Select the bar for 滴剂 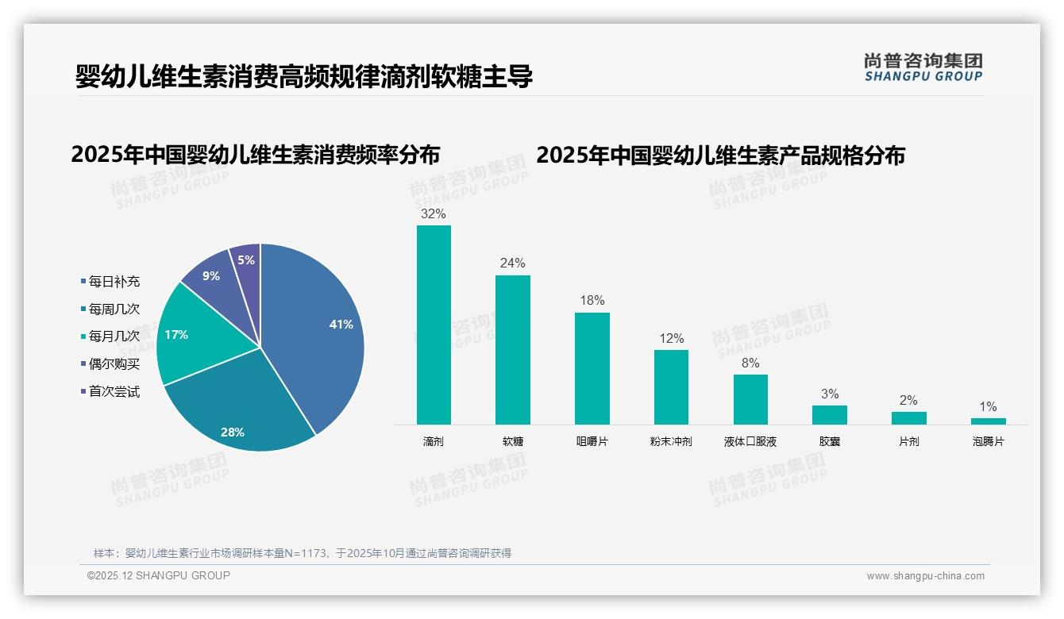(434, 325)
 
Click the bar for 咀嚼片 (592, 369)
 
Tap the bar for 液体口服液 (750, 399)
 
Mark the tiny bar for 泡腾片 (988, 421)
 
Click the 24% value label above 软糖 (512, 263)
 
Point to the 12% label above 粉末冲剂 (671, 339)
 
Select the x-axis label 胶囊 (830, 441)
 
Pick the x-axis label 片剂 (908, 441)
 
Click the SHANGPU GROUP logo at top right (923, 67)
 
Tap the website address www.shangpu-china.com (925, 576)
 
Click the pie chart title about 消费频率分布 (255, 154)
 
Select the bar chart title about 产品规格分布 (720, 155)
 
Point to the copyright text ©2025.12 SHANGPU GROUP (158, 575)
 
